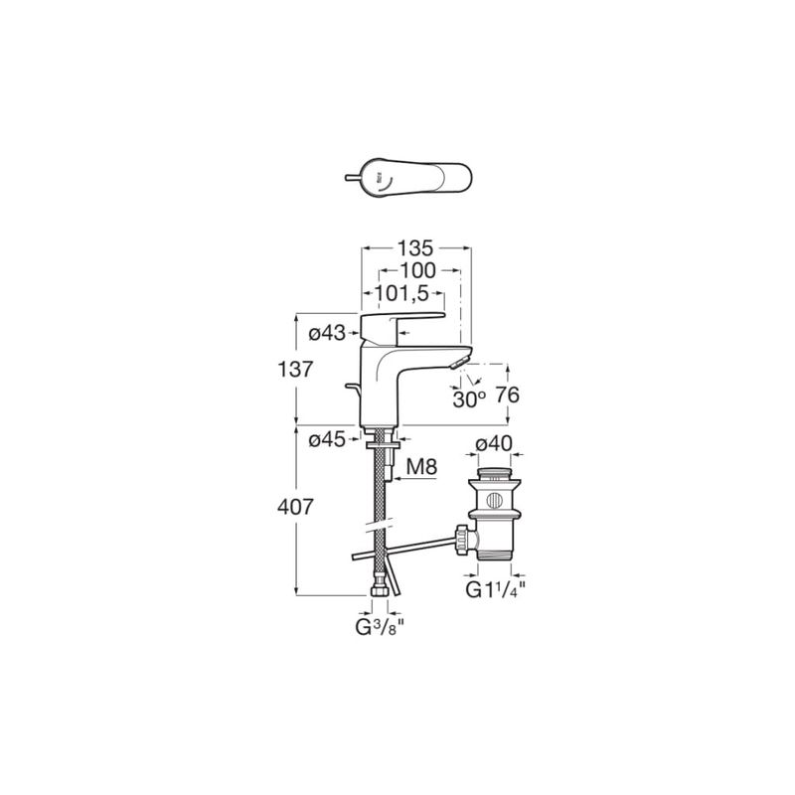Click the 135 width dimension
(x=415, y=248)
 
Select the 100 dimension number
(x=417, y=270)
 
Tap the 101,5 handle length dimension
(x=401, y=293)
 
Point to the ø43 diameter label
(x=327, y=333)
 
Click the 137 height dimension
(x=295, y=369)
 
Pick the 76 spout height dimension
(x=508, y=395)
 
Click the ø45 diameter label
(x=327, y=439)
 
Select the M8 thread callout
(x=421, y=467)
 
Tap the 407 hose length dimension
(x=295, y=507)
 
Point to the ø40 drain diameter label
(x=494, y=443)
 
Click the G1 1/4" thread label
(x=495, y=589)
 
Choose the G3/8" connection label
(x=380, y=628)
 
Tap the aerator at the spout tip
(x=459, y=362)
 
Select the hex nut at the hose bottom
(x=381, y=591)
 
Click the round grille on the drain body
(x=494, y=501)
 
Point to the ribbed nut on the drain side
(x=462, y=540)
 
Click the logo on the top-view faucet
(x=378, y=178)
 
